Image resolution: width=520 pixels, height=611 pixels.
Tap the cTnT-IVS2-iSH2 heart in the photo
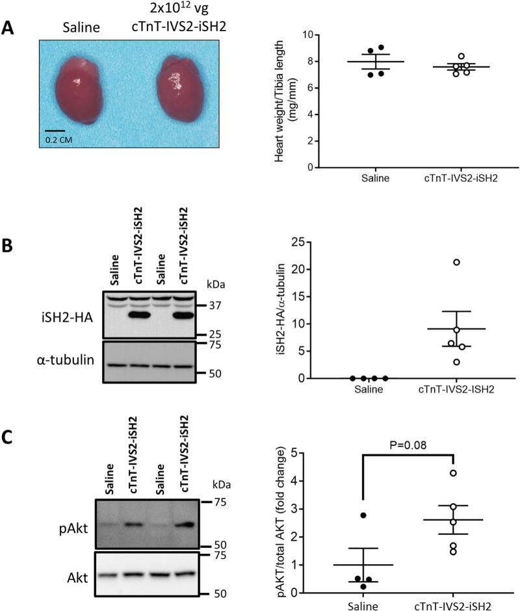[x=177, y=88]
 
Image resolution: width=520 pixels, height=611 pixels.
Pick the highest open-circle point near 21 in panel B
[x=457, y=262]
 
